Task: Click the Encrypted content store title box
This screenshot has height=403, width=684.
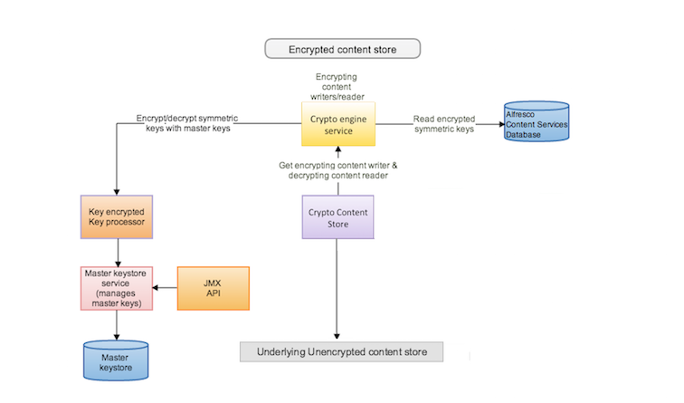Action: click(341, 49)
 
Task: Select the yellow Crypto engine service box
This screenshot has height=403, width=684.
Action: click(337, 124)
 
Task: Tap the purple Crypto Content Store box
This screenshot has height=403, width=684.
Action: click(337, 217)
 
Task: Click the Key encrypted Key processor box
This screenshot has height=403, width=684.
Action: click(118, 217)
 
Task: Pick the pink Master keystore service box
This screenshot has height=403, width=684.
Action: click(118, 288)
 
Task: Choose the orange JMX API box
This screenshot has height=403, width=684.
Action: click(213, 288)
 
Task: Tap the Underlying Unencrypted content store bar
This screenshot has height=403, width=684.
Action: click(341, 351)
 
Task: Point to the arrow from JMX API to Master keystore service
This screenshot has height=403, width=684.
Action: click(166, 288)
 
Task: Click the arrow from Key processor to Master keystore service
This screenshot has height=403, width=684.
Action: click(118, 253)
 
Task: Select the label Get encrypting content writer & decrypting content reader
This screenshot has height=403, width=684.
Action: click(337, 169)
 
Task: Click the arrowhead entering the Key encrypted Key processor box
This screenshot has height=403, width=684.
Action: click(118, 190)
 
